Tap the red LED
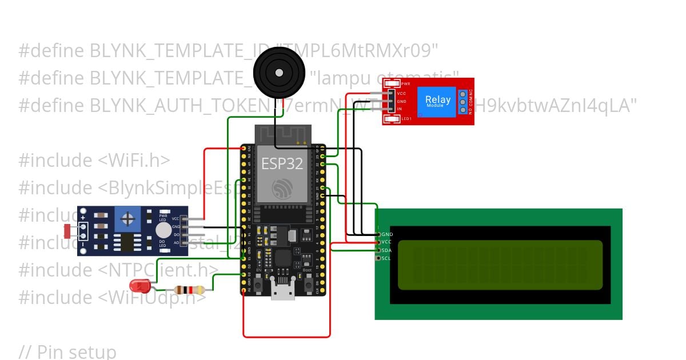click(x=139, y=285)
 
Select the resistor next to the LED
click(x=189, y=290)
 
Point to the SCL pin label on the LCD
click(x=387, y=258)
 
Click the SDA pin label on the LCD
click(x=387, y=250)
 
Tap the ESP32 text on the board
click(x=282, y=163)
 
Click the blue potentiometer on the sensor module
click(x=129, y=218)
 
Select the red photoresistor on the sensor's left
click(x=67, y=231)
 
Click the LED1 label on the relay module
click(x=406, y=119)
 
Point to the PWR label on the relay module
click(x=406, y=84)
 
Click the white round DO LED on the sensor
click(x=163, y=230)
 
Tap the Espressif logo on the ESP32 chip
click(x=282, y=189)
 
